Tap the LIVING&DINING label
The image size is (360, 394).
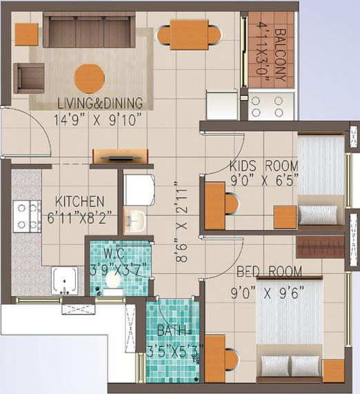[x=101, y=104]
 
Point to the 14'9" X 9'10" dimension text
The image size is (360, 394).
[x=101, y=118]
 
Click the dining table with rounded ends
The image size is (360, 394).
[x=190, y=35]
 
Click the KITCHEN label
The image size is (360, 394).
[x=80, y=201]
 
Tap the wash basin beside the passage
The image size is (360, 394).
[x=136, y=220]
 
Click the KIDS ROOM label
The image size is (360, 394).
[x=264, y=166]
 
